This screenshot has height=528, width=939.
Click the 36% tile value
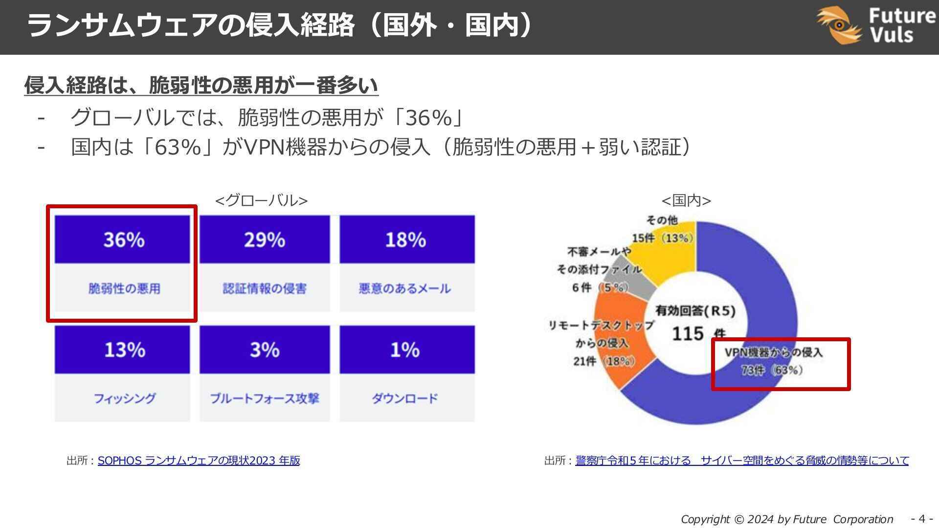coord(124,240)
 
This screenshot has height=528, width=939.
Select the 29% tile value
coord(265,240)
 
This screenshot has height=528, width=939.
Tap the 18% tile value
coord(405,240)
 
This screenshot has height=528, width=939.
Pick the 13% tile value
coord(124,350)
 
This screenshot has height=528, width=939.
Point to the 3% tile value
coord(265,350)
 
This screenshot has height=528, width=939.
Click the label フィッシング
coord(124,398)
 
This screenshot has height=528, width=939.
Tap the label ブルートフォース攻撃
coord(265,398)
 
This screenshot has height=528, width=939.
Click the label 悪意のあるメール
coord(405,288)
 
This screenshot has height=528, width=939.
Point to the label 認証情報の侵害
coord(265,288)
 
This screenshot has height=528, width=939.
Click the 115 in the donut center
coord(688,334)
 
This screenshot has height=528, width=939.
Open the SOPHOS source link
coord(199,461)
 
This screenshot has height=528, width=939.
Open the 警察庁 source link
coord(741,461)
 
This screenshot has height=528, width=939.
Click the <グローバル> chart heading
coord(261,200)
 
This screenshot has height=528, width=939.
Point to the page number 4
coord(922,518)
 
